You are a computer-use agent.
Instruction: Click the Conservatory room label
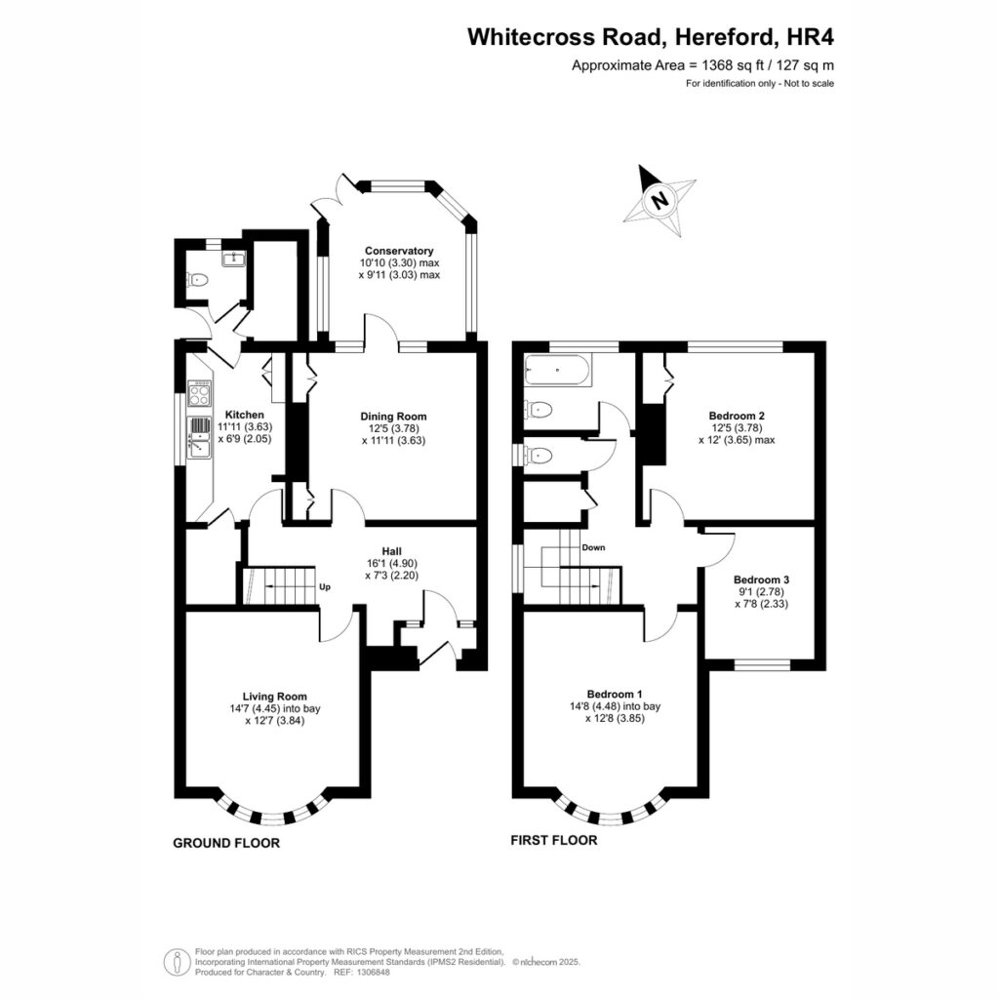click(399, 251)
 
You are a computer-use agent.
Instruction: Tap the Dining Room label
click(394, 417)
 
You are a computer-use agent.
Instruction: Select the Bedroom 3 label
click(761, 579)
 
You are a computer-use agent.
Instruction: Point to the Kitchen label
click(245, 415)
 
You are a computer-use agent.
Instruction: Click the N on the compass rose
click(660, 201)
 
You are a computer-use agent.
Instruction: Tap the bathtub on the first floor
click(558, 370)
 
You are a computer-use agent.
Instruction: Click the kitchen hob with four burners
click(200, 392)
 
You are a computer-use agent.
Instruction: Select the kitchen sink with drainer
click(199, 437)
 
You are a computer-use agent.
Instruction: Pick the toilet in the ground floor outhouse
click(198, 279)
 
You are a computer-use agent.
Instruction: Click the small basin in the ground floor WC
click(234, 258)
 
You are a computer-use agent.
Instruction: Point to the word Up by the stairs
click(324, 586)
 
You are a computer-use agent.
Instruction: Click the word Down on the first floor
click(593, 547)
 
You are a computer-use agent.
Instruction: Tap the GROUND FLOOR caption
click(226, 843)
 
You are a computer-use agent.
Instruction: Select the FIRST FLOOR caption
click(554, 840)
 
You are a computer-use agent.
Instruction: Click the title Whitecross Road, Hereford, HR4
click(651, 37)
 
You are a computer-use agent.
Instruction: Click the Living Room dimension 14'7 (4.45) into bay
click(275, 708)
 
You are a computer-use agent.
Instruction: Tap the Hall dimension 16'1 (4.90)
click(392, 563)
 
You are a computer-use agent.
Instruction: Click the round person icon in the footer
click(177, 962)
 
